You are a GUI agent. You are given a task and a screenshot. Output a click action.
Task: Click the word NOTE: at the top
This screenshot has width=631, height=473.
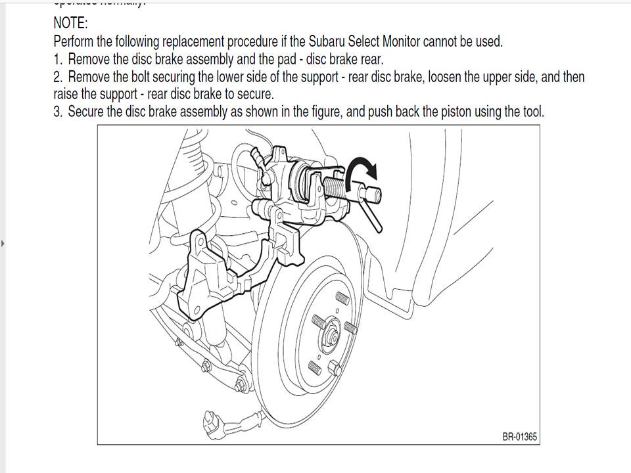70,24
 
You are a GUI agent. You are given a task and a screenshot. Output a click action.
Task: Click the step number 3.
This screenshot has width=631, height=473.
57,112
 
